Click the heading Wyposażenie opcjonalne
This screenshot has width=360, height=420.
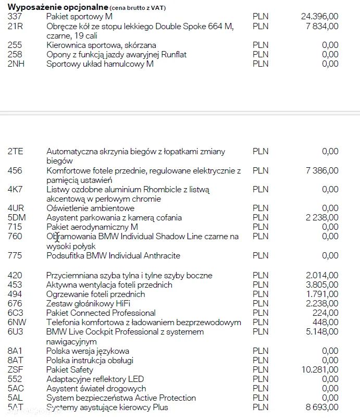point(57,7)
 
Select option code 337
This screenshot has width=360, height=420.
point(15,17)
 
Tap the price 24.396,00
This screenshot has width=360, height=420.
point(319,17)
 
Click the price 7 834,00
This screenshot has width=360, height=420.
point(322,26)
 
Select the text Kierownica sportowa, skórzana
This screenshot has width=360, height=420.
point(101,45)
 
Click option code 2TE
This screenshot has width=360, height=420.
point(15,152)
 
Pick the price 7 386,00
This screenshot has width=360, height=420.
point(322,170)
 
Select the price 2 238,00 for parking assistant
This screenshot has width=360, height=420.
point(322,218)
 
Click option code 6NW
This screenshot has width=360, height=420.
point(17,323)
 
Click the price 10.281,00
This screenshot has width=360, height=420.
point(319,370)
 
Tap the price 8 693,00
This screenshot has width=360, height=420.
point(322,407)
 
